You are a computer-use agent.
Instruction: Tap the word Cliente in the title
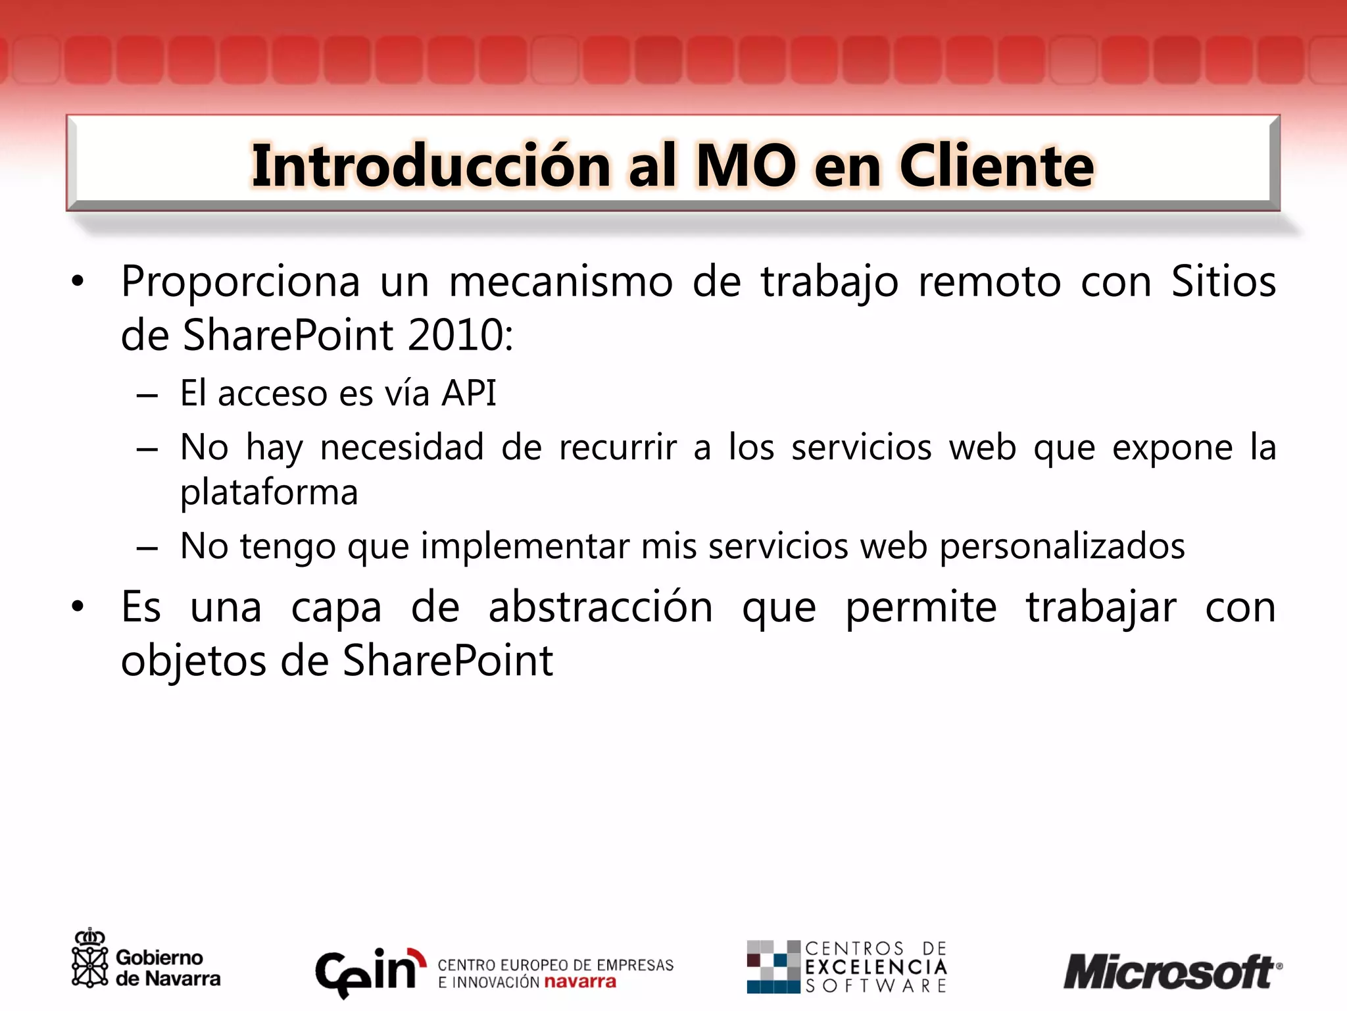[x=996, y=166]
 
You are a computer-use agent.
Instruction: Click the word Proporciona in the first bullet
[x=240, y=282]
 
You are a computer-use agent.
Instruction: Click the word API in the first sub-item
[x=469, y=394]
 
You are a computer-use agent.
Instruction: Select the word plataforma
[x=269, y=492]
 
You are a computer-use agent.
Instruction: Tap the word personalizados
[x=1062, y=546]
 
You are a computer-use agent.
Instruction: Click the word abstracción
[x=600, y=607]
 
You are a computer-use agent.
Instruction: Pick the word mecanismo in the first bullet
[x=560, y=282]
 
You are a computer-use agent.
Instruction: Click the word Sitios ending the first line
[x=1223, y=282]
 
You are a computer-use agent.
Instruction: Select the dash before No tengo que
[x=147, y=548]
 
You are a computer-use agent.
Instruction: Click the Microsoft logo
[x=1171, y=972]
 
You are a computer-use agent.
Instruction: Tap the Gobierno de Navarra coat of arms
[x=89, y=959]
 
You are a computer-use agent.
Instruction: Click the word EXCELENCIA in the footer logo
[x=875, y=967]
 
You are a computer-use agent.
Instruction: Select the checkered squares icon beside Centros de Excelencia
[x=773, y=967]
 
